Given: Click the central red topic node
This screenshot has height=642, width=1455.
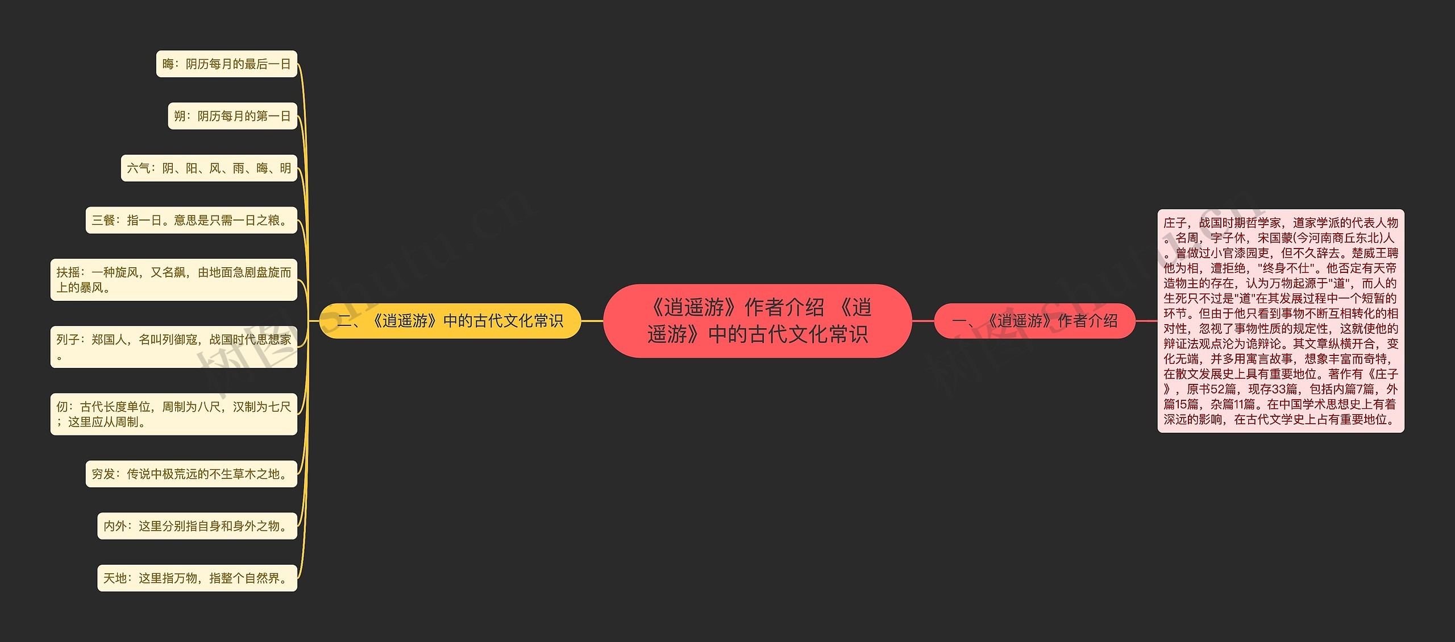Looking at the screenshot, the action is click(757, 321).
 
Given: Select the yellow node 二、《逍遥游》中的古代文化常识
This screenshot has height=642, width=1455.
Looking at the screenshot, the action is click(450, 321).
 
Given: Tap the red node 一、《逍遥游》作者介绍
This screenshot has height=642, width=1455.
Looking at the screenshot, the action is click(1034, 321).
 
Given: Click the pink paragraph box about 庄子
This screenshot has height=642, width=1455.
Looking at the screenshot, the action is click(1280, 321).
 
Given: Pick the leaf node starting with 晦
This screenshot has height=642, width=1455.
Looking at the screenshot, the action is click(226, 64).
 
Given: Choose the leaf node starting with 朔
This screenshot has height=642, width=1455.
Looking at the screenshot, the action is click(232, 116).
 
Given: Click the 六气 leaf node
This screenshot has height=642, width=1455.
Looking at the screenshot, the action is click(209, 168).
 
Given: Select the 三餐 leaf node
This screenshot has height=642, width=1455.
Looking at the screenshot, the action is click(191, 220).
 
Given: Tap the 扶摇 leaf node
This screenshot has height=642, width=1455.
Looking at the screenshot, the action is click(173, 280).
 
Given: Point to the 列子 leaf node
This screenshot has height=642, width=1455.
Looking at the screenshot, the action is click(173, 347).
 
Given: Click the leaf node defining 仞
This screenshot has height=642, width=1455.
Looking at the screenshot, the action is click(173, 414).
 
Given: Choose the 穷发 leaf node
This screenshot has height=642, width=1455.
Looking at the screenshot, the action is click(191, 474).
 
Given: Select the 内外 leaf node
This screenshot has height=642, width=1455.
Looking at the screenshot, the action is click(197, 526).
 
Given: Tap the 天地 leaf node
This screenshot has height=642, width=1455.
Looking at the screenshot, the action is click(197, 578).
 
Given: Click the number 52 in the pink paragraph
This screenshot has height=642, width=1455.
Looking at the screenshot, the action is click(1218, 389).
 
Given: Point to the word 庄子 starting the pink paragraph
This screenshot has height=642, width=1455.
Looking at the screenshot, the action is click(1175, 223).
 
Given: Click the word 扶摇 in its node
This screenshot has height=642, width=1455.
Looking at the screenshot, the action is click(68, 272).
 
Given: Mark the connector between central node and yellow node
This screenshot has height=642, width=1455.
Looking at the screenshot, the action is click(592, 321).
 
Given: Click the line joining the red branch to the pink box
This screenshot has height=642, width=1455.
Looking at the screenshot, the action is click(1146, 321).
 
